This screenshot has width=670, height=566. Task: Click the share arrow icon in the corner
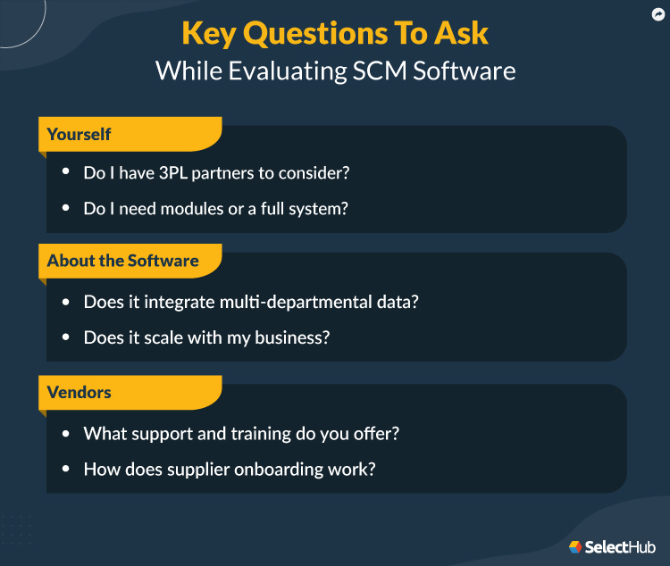[657, 14]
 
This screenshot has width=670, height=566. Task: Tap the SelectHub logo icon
[575, 546]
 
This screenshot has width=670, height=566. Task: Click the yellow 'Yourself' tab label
[80, 134]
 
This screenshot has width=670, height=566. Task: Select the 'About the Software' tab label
[123, 261]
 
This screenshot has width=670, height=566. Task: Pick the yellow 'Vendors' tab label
[80, 393]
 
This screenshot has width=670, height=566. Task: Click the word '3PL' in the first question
[173, 173]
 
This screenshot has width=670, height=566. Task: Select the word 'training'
[257, 434]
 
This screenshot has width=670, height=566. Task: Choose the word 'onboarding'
[289, 469]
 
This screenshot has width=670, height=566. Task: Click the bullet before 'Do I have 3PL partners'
[65, 173]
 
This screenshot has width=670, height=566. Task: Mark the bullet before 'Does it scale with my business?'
[65, 338]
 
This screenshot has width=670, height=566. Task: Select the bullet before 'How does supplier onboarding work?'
[65, 469]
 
